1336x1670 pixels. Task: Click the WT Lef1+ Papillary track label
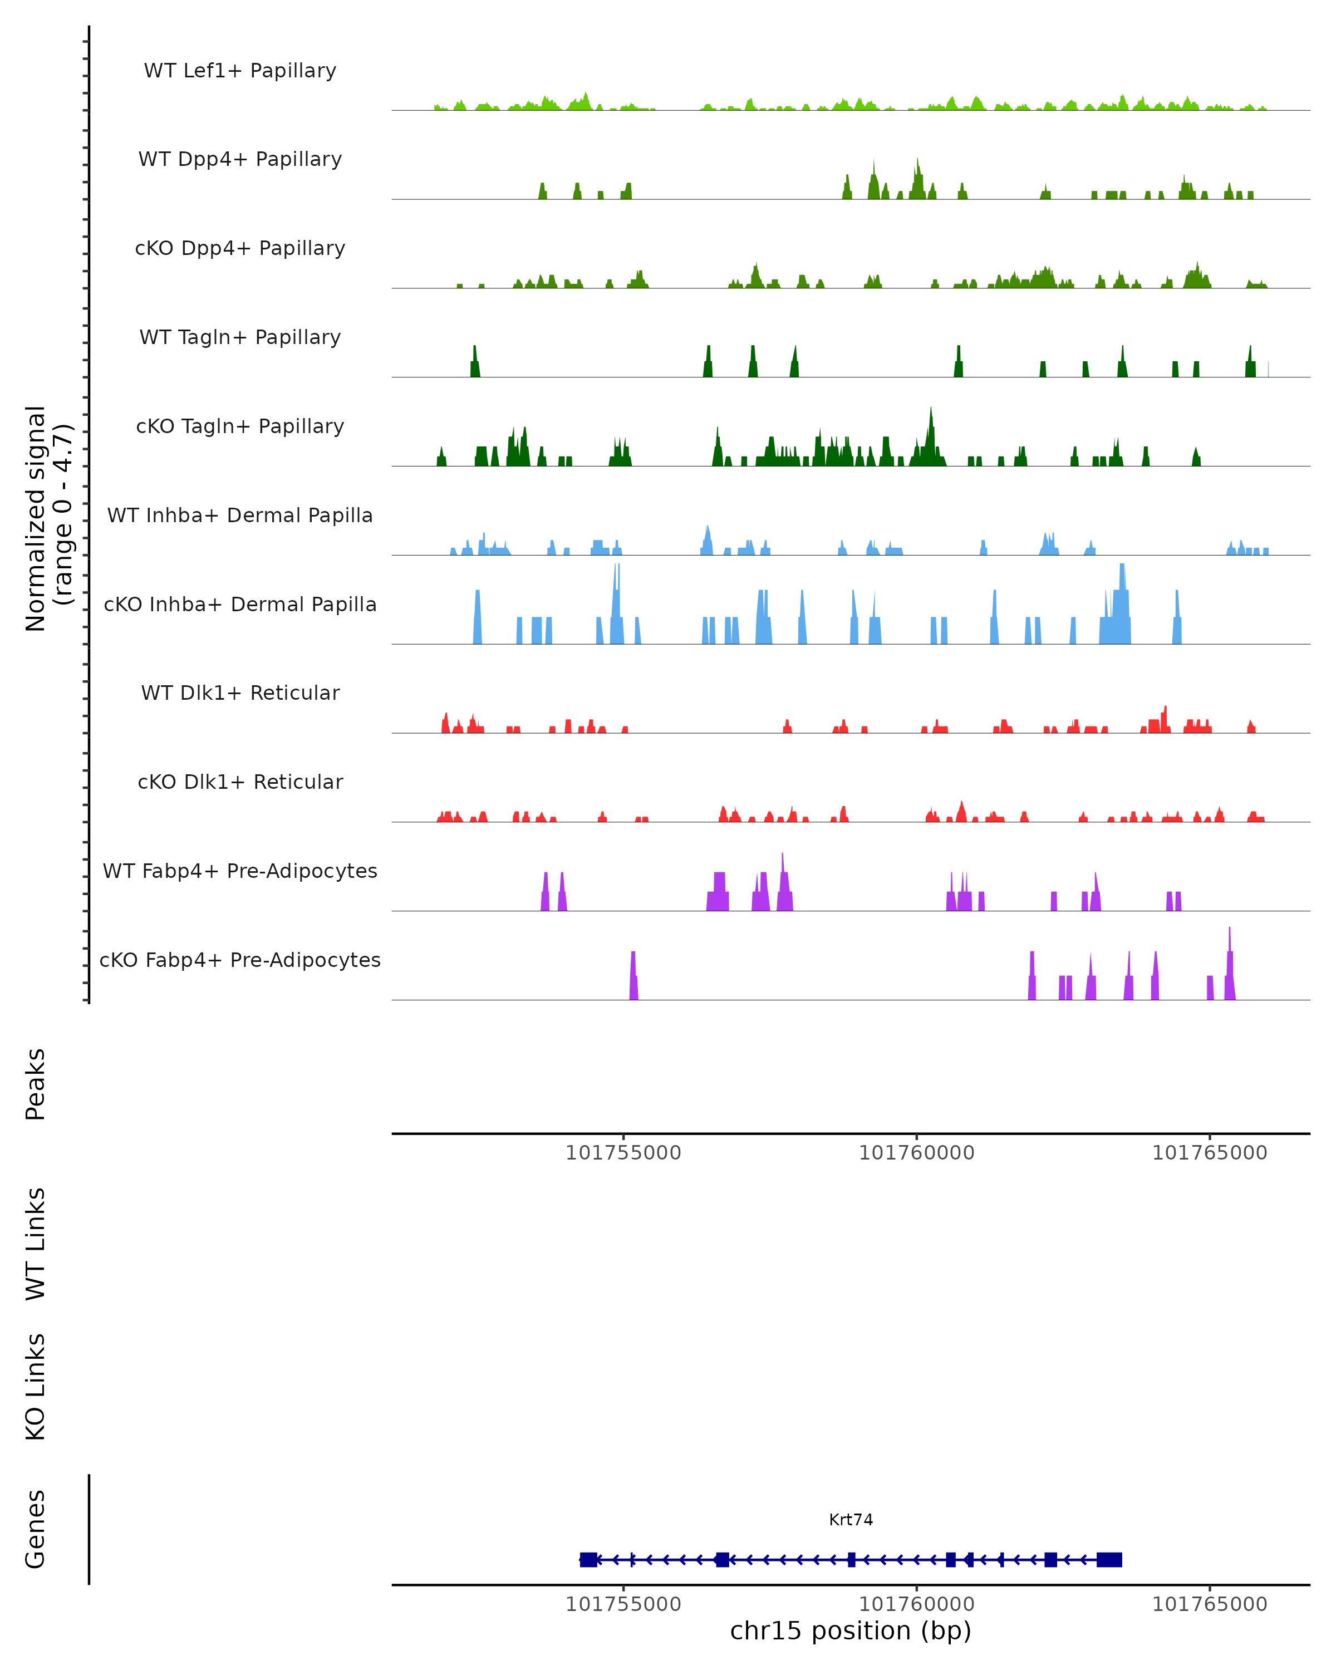pos(240,71)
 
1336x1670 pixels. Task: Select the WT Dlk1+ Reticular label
pos(240,692)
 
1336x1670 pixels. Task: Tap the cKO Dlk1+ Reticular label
pos(240,782)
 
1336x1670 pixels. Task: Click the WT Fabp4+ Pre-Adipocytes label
pos(240,871)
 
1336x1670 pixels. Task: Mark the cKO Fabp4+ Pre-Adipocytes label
pos(240,960)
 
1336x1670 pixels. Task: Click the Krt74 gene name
pos(851,1520)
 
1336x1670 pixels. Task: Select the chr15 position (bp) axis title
pos(851,1630)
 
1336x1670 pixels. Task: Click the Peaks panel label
pos(36,1084)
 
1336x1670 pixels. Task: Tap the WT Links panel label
pos(36,1244)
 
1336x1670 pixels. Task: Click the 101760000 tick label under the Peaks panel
pos(916,1153)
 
